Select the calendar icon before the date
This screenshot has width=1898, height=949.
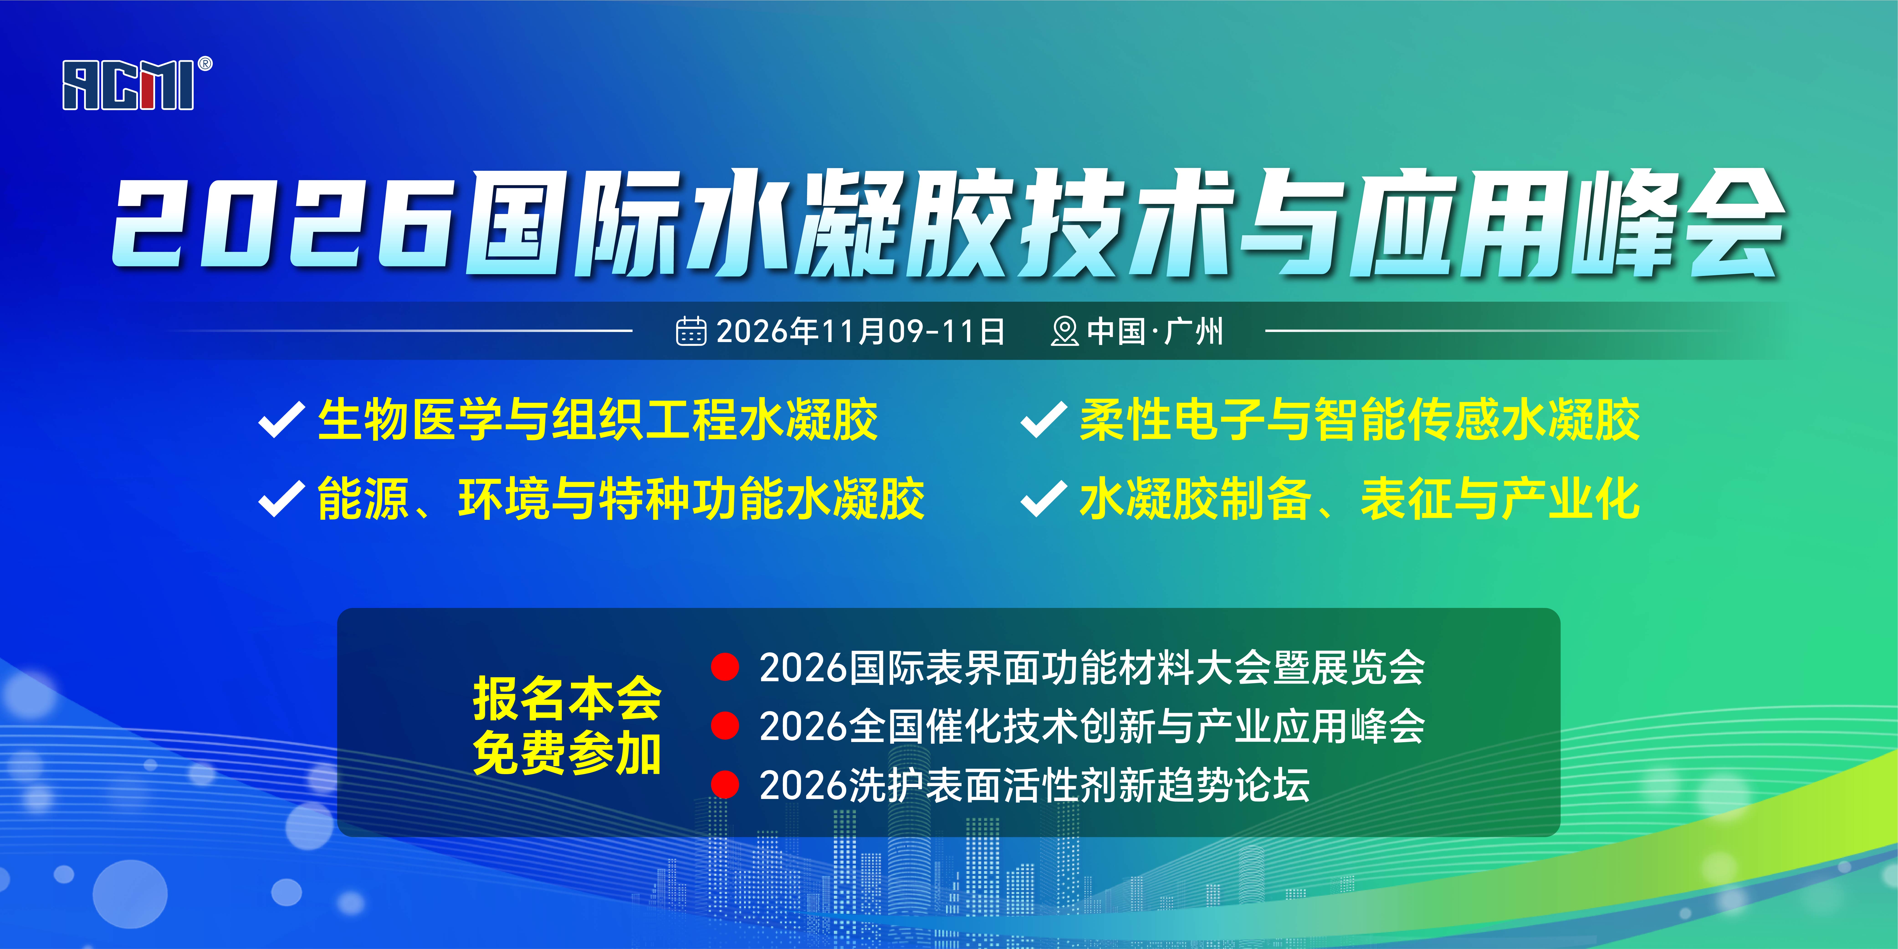(x=691, y=331)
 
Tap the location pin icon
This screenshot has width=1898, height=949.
(x=1064, y=331)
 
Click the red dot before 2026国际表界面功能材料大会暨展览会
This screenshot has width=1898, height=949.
(x=725, y=667)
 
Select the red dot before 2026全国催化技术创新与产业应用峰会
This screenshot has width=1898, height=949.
(x=725, y=726)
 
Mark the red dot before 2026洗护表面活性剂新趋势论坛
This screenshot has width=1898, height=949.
(x=725, y=785)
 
